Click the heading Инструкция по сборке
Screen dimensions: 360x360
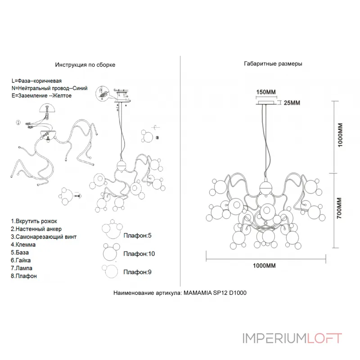coord(85,65)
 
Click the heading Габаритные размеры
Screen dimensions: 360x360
coord(273,63)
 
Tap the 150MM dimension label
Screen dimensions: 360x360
coord(266,92)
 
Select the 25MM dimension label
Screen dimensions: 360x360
coord(292,103)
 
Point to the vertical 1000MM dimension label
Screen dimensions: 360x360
coord(340,135)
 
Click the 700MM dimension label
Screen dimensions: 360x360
coord(339,208)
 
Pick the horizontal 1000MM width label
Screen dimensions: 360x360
coord(264,265)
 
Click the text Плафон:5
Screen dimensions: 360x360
coord(137,235)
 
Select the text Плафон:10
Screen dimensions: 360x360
coord(139,254)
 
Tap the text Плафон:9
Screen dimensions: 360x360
coord(137,272)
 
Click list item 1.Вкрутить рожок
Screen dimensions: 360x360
coord(34,221)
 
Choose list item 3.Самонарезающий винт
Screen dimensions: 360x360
coord(44,237)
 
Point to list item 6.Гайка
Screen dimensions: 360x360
coord(21,260)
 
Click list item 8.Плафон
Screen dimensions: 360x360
coord(24,276)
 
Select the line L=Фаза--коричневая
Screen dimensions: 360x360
coord(36,81)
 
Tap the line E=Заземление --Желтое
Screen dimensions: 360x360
coord(41,95)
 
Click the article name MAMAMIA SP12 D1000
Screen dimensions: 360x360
coord(215,293)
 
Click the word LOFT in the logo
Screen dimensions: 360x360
coord(324,338)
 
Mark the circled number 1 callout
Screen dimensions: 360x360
coord(18,122)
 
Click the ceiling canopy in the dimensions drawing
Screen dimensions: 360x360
coord(266,103)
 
